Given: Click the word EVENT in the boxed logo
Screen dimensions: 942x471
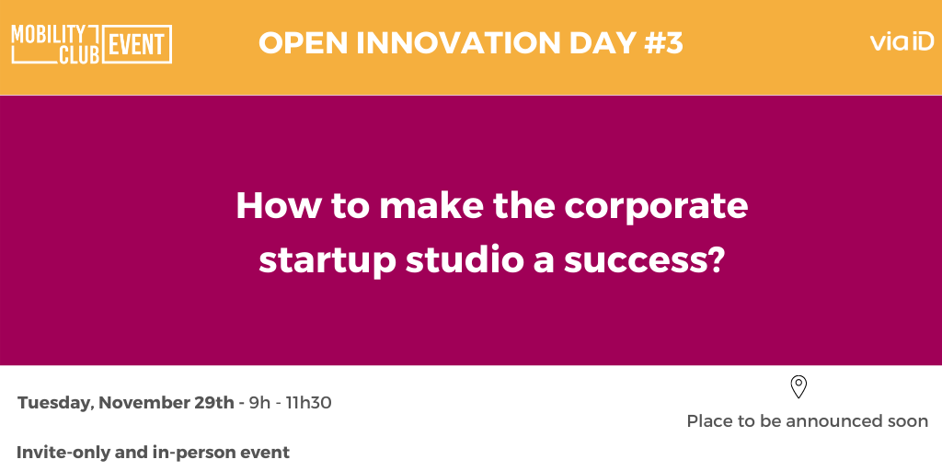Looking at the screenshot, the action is (138, 44).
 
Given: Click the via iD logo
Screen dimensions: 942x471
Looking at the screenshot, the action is (902, 41).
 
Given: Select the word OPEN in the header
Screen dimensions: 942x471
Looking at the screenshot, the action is (304, 43).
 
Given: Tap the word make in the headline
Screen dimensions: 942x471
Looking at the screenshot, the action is (431, 206).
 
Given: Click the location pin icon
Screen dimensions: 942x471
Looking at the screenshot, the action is (798, 387).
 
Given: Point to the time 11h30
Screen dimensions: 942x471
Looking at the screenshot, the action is (307, 403).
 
